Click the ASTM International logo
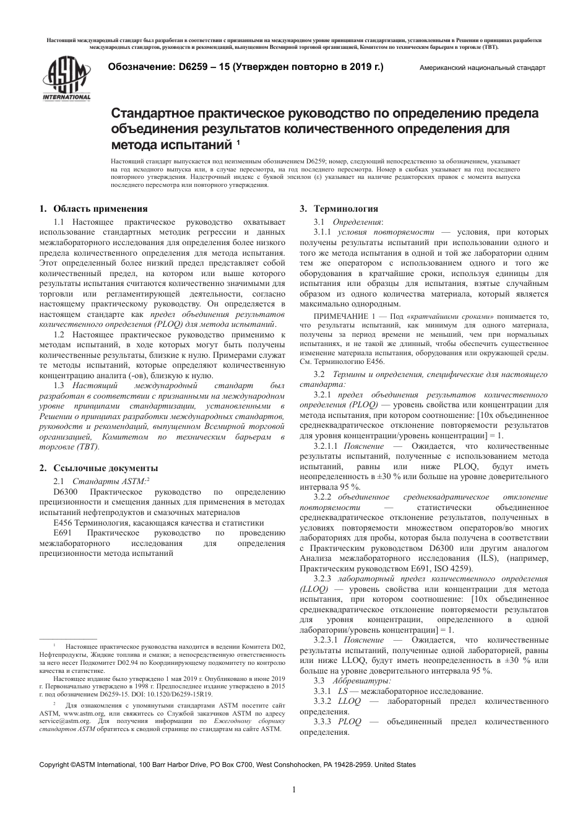pyautogui.click(x=66, y=77)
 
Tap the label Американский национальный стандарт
pyautogui.click(x=482, y=68)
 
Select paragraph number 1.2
pyautogui.click(x=59, y=334)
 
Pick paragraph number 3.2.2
pyautogui.click(x=325, y=497)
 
